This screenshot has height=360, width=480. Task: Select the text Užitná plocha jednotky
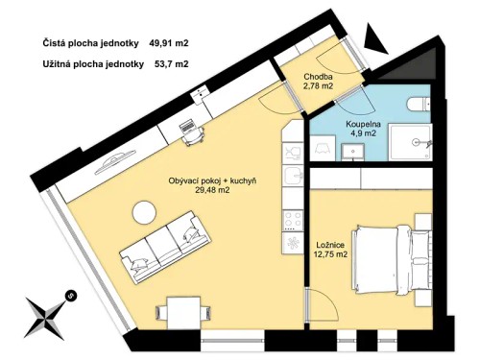click(x=93, y=64)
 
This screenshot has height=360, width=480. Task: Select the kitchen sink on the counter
click(x=291, y=175)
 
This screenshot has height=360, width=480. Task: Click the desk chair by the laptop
click(x=192, y=135)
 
